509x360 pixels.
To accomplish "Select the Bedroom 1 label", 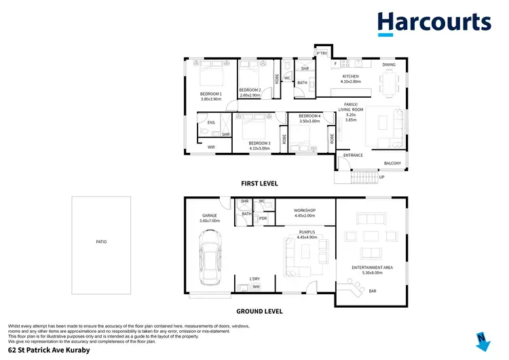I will coord(211,96).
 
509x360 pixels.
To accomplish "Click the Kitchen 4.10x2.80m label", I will coord(351,78).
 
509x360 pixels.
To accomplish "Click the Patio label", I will coord(101,242).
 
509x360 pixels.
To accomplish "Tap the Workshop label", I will coord(305,213).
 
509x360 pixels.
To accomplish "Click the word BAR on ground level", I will coord(372,291).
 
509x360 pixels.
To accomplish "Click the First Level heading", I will coord(259,184).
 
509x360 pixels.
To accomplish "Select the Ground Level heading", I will coord(259,311).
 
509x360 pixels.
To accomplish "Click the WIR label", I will coord(211,146).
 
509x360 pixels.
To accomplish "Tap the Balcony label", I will coord(392,163).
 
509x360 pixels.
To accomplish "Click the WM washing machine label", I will coord(256,287).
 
